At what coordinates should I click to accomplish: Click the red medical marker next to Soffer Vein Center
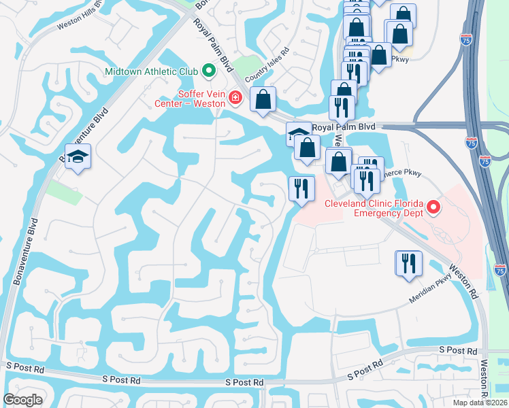pyautogui.click(x=235, y=98)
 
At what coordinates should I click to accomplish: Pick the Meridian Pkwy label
pyautogui.click(x=431, y=293)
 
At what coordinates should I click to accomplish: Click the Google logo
pyautogui.click(x=22, y=399)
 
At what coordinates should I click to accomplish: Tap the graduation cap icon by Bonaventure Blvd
pyautogui.click(x=78, y=156)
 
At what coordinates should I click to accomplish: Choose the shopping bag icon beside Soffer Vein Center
pyautogui.click(x=263, y=101)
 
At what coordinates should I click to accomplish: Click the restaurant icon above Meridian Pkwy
pyautogui.click(x=408, y=262)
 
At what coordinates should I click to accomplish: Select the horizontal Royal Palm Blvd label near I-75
pyautogui.click(x=344, y=126)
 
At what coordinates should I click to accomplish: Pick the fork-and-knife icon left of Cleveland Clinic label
pyautogui.click(x=301, y=188)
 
